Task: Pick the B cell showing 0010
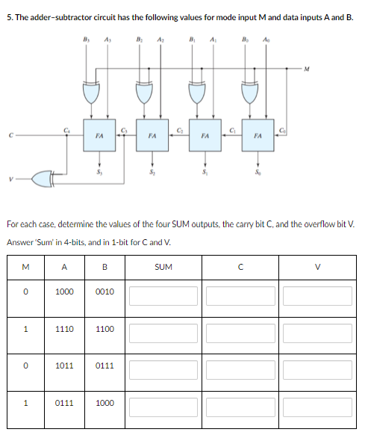105,292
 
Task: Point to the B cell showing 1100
105,329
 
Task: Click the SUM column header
163,266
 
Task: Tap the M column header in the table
26,266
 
